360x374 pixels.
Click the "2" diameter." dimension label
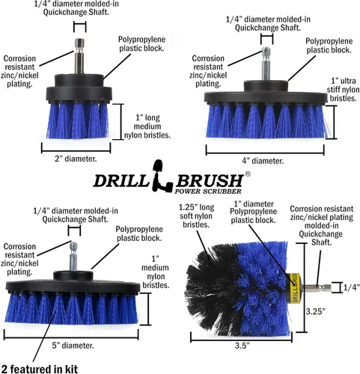point(76,159)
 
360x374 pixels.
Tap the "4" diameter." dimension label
point(263,161)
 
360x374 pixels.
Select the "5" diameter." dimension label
point(73,346)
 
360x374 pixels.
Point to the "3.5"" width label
point(242,346)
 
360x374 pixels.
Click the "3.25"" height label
point(316,311)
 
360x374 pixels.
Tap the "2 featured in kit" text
point(40,369)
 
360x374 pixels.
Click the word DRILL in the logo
point(120,180)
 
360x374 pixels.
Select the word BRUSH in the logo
point(210,180)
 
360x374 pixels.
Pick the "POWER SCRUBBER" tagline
point(208,191)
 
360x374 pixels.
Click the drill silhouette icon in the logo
point(162,176)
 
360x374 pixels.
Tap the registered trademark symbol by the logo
point(248,174)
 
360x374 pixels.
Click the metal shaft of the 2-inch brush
point(80,56)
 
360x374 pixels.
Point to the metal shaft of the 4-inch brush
point(266,64)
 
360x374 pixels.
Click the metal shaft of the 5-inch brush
point(73,257)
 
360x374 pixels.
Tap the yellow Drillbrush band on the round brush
point(294,288)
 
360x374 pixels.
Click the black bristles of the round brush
point(212,289)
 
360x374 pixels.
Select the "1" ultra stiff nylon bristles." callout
point(343,90)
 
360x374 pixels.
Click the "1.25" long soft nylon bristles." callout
point(196,216)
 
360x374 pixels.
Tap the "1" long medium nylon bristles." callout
point(147,126)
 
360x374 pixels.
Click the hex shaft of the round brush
point(317,288)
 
